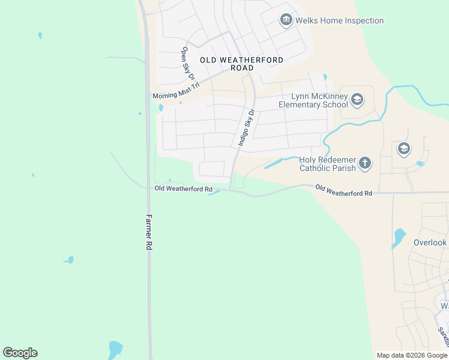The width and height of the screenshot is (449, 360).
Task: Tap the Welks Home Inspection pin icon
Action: point(286,21)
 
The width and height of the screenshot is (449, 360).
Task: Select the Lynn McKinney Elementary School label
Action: point(313,100)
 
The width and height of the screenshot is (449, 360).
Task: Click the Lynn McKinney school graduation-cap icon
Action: point(357,99)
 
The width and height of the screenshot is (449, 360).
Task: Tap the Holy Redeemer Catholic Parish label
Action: point(328,164)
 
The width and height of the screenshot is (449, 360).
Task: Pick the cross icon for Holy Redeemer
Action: point(365,163)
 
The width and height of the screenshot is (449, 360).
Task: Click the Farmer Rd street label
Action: point(148,232)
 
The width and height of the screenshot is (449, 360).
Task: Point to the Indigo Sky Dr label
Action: point(247,127)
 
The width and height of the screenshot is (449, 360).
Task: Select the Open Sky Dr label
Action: point(188,64)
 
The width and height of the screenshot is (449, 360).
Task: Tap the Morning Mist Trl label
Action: point(175,95)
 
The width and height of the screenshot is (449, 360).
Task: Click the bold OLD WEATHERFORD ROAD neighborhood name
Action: point(241,64)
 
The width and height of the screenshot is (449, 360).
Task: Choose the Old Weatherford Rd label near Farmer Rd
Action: point(184,189)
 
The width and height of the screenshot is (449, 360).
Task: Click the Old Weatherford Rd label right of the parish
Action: point(343,190)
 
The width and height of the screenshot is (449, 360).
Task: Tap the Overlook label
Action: point(430,243)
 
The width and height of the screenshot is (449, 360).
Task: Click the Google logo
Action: point(20,353)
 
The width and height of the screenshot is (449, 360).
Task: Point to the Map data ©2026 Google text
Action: point(411,355)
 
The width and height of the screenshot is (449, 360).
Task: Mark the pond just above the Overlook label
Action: point(398,236)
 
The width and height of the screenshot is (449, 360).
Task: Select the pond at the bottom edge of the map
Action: point(115,349)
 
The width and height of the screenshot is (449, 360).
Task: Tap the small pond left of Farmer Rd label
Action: point(69,260)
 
